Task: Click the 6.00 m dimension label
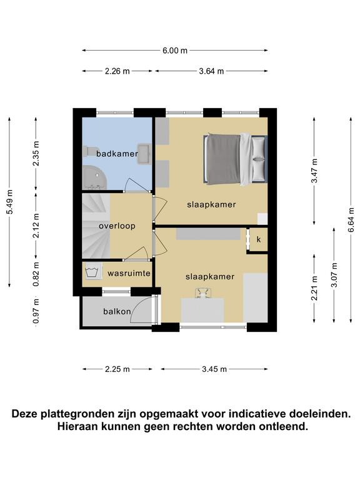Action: [175, 51]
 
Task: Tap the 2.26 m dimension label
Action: [117, 71]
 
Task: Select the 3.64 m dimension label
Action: [211, 71]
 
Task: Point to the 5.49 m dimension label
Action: [10, 202]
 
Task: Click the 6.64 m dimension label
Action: [351, 220]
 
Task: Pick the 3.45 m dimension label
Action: [214, 369]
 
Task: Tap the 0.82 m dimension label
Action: [36, 274]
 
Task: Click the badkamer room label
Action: [117, 153]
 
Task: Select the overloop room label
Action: [117, 226]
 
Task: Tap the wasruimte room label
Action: [129, 273]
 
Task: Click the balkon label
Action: [117, 312]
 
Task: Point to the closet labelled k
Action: [259, 239]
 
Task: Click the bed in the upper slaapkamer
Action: [236, 159]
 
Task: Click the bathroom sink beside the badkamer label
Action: [144, 154]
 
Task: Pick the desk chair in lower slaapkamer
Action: [202, 293]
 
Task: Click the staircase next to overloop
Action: [96, 226]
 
